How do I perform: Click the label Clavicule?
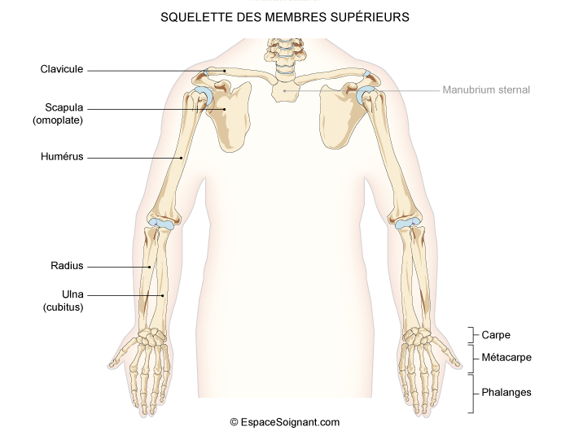61,69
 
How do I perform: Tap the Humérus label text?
62,156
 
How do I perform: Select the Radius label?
67,266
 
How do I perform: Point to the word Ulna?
72,294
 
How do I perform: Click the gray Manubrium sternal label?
486,89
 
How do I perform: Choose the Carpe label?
496,335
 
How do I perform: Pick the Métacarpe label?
506,358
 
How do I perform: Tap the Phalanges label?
506,393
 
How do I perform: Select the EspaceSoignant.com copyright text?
285,422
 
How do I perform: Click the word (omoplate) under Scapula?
58,120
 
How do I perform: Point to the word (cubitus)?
64,307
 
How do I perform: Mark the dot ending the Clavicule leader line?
225,71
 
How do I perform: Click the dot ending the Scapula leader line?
224,109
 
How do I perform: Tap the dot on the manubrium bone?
285,90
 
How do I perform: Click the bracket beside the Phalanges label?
472,394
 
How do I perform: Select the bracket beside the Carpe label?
472,335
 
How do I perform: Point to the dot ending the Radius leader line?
149,267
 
